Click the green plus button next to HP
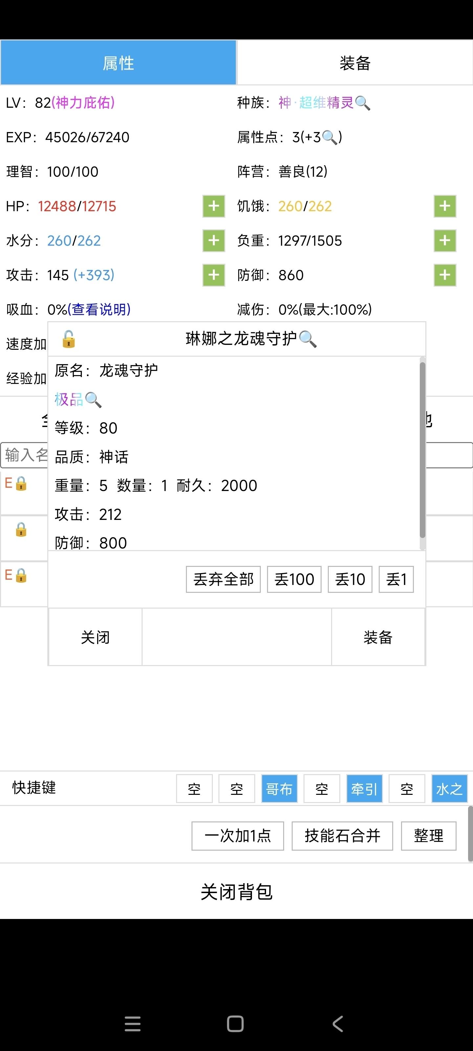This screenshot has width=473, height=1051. pos(214,206)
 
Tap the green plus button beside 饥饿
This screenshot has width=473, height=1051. pos(444,206)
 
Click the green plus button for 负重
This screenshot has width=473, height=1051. pos(444,240)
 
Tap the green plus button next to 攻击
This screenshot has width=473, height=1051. pos(214,275)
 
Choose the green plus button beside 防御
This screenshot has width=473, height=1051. pos(444,275)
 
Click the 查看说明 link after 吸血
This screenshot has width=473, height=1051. pos(99,310)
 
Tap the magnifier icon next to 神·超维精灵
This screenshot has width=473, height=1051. pos(362,103)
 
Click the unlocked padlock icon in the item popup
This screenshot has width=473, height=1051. pos(69,339)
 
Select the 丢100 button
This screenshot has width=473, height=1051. pos(294,579)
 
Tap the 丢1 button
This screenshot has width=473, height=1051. pos(396,579)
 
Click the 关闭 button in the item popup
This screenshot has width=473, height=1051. pos(95,637)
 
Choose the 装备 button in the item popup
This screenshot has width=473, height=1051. pos(378,637)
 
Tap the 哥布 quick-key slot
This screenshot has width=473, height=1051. pos(279,789)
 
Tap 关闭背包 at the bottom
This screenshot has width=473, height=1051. pos(236,891)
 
